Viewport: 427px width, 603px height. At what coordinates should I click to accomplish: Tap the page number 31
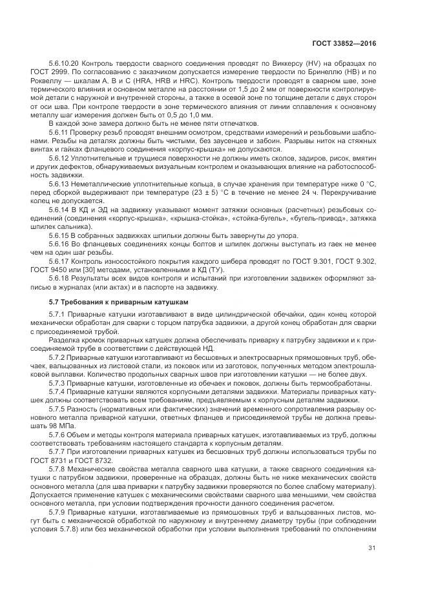(372, 548)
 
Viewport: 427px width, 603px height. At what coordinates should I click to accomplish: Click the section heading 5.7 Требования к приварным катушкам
(107, 301)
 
